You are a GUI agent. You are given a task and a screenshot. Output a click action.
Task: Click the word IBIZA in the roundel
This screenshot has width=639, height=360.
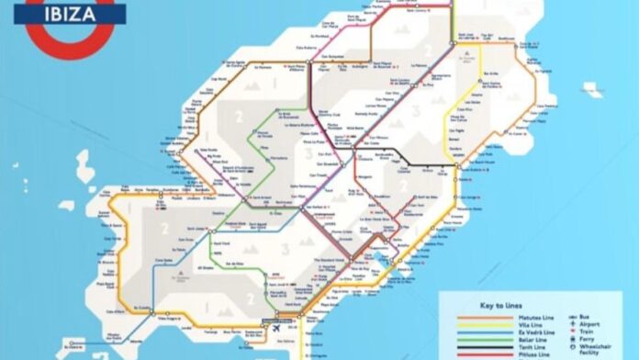(x=70, y=13)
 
